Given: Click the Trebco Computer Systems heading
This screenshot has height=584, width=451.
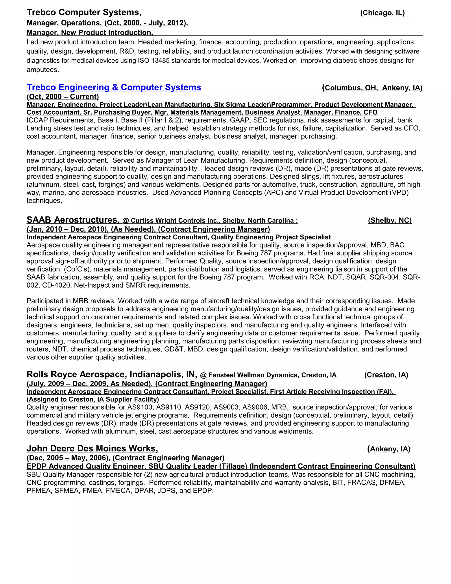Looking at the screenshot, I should click(84, 12).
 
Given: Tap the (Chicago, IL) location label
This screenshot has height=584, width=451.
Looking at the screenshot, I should click(382, 13).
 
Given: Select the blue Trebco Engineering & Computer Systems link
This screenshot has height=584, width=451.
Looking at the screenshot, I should click(114, 87).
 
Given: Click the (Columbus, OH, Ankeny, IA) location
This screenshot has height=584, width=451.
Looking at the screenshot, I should click(372, 88).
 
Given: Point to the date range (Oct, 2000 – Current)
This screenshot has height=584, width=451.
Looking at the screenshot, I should click(63, 97).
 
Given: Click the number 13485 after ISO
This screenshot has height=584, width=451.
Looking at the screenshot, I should click(160, 61).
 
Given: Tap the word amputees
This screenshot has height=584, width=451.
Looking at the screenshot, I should click(43, 70).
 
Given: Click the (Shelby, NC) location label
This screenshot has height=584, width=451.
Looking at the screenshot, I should click(390, 220).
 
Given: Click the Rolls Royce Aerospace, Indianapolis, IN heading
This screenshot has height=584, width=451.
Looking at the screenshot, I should click(112, 374).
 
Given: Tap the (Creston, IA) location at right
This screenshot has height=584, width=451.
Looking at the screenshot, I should click(386, 375).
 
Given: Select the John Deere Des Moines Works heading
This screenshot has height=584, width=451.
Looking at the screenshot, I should click(92, 448).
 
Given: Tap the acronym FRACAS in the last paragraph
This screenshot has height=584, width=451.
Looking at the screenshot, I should click(362, 483).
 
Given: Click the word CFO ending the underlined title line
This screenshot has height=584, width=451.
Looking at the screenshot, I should click(371, 112).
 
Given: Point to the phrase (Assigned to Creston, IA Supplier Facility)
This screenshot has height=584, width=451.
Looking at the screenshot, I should click(93, 399).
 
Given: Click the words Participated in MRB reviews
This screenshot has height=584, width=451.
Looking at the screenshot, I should click(71, 301).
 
